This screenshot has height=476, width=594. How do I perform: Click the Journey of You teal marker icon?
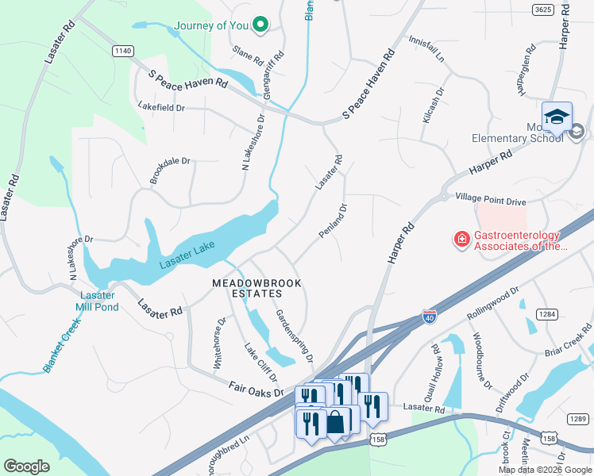click(258, 25)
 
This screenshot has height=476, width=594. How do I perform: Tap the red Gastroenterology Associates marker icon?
click(461, 238)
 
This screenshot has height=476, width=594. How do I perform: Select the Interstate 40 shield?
click(429, 316)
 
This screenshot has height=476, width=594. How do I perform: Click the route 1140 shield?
click(122, 51)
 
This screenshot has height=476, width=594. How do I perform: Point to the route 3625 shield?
click(542, 9)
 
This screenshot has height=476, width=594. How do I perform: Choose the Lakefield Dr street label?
click(160, 107)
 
